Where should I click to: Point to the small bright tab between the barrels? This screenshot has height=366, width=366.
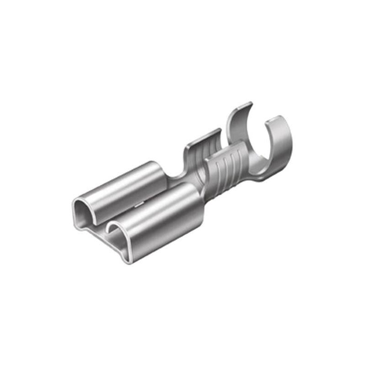137,206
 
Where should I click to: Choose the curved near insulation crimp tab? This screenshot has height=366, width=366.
277,146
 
